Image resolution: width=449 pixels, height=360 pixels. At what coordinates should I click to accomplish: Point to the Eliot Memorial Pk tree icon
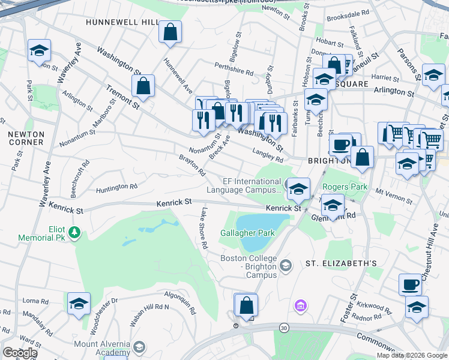pos(74,232)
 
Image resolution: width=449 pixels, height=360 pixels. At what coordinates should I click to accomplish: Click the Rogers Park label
pos(345,187)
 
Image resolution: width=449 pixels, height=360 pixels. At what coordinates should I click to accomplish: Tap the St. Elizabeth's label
pos(341,263)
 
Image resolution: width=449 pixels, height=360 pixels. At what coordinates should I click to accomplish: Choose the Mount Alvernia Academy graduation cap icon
pos(139,347)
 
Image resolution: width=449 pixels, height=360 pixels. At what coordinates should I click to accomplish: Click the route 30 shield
pos(283,328)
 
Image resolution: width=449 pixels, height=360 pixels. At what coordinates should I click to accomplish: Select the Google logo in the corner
pos(20,353)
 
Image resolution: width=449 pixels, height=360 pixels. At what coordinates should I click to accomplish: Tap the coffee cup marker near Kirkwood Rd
pos(411,284)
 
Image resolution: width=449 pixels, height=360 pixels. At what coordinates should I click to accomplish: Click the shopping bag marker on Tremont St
pos(143,87)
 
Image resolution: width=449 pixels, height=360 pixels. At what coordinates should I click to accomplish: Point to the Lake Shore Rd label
pos(204,228)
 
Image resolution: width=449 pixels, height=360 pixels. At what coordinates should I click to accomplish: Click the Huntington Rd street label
pos(116,188)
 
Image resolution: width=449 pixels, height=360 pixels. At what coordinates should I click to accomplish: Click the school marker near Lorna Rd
pos(79,304)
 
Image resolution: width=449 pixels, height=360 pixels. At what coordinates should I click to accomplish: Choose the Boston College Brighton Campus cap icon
pos(286,265)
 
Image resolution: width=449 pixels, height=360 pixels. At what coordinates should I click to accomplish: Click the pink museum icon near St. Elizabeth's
pos(300,307)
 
